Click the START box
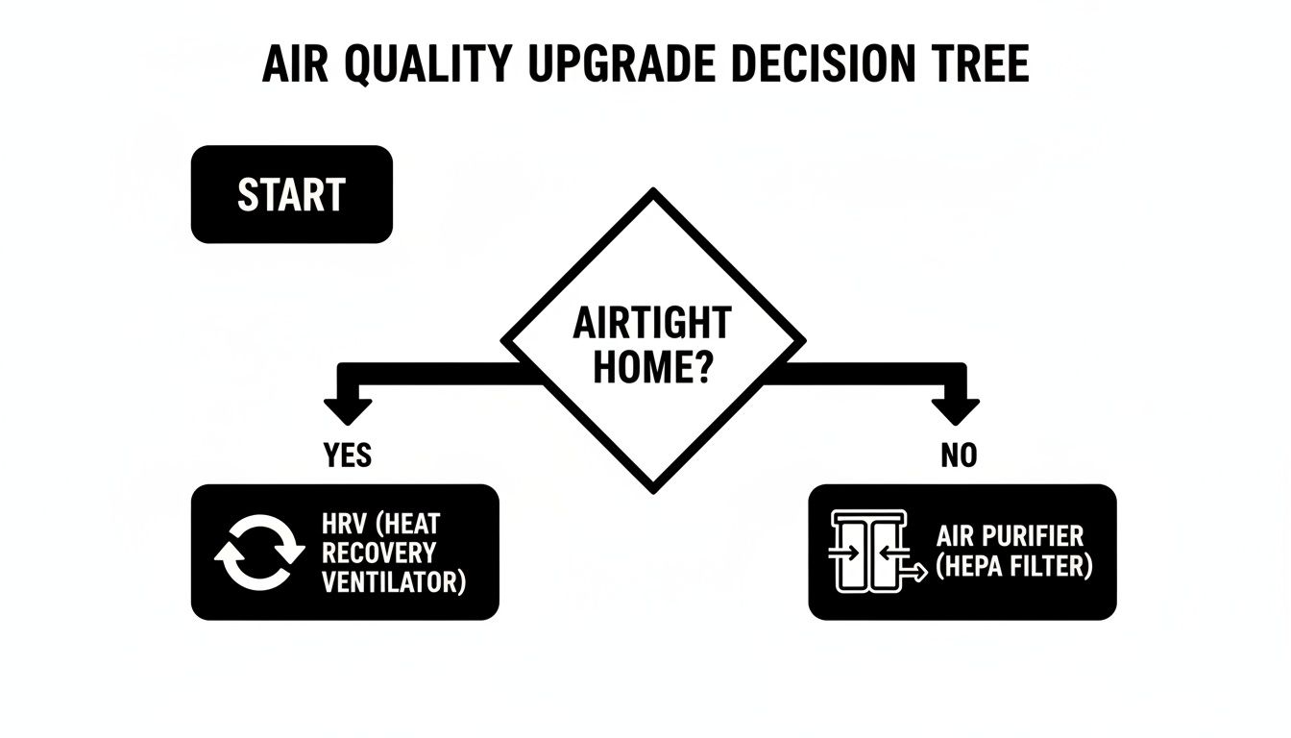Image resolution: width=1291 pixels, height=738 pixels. coord(291,194)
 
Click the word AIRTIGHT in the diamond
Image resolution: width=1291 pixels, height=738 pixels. coord(651,325)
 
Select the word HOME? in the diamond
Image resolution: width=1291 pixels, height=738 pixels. coord(651,368)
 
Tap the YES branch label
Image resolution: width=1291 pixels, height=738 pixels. coord(348,454)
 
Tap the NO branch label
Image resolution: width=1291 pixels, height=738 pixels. coord(958,454)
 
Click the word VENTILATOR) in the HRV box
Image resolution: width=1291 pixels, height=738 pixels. coord(394,581)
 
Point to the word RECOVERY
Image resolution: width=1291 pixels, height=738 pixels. coord(379,553)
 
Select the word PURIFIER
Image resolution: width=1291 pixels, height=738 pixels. coord(1034,536)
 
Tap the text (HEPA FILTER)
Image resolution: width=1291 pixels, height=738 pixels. coord(1015,567)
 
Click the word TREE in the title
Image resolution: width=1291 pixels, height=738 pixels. coord(987,64)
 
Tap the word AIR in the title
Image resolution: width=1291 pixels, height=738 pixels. coord(294,64)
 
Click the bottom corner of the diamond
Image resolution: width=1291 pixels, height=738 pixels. coord(653,488)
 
